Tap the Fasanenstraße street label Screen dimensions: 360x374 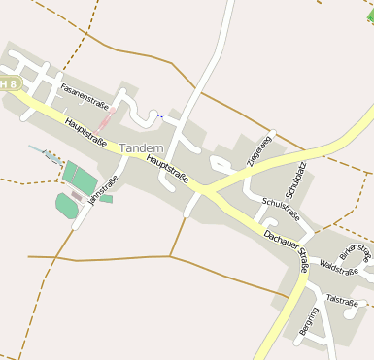pos(84,94)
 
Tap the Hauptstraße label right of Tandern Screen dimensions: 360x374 pos(167,170)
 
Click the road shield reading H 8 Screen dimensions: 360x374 pos(10,84)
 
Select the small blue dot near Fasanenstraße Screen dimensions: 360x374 pos(160,115)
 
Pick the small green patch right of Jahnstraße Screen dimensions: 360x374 pos(106,199)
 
